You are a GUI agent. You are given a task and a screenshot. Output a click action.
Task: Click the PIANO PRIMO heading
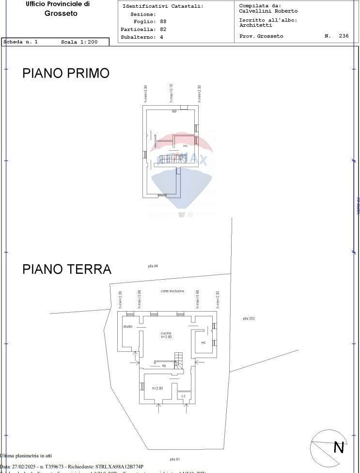[x=66, y=73]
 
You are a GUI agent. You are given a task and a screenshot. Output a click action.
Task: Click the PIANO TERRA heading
[x=67, y=269]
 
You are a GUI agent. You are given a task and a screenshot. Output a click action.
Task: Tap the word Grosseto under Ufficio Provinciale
[x=61, y=14]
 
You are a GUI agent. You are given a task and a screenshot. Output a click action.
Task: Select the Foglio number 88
[x=163, y=22]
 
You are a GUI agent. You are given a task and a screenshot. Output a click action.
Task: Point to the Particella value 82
[x=163, y=30]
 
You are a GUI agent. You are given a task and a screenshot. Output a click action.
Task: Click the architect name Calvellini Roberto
[x=268, y=11]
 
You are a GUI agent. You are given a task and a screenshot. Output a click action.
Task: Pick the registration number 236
[x=344, y=36]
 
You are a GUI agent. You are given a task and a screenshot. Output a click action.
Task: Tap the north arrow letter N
[x=338, y=447]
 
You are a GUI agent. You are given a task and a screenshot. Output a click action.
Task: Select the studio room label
[x=127, y=327]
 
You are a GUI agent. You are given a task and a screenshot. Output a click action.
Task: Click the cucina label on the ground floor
[x=166, y=333]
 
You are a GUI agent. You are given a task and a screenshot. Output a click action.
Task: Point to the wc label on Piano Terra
[x=203, y=343]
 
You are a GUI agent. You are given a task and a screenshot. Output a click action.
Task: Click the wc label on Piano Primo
[x=185, y=145]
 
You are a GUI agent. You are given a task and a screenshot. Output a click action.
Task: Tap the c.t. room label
[x=183, y=396]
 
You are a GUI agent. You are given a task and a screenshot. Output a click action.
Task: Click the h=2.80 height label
[x=157, y=388]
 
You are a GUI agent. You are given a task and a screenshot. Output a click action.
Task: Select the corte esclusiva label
[x=172, y=291]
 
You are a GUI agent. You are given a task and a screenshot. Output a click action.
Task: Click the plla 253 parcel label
[x=249, y=318]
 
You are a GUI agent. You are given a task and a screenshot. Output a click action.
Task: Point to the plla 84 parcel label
[x=153, y=266]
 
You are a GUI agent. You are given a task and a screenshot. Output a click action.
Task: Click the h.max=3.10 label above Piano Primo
[x=171, y=93]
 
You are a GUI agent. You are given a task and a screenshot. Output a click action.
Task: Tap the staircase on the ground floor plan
[x=179, y=361]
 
